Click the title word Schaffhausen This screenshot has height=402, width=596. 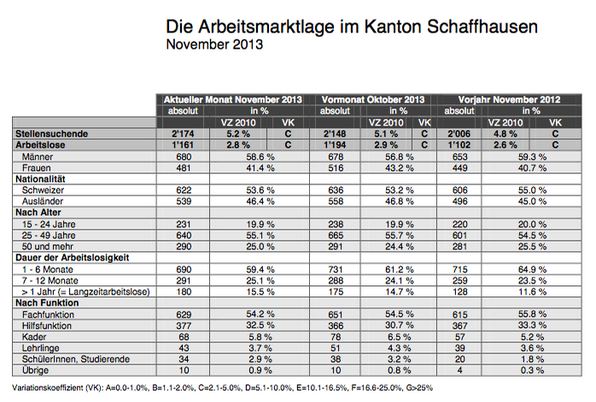tap(482, 27)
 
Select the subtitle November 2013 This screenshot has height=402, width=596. tap(214, 44)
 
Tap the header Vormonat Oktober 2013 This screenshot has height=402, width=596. tap(373, 100)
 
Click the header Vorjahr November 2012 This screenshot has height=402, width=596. tap(510, 100)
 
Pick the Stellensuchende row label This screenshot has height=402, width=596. tap(52, 134)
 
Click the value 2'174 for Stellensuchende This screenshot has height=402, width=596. tap(183, 134)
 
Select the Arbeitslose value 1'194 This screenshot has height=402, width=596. tap(335, 145)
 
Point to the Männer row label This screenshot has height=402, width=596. tap(38, 156)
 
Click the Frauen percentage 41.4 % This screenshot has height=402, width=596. tap(260, 167)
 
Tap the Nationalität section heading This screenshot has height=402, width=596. tap(40, 178)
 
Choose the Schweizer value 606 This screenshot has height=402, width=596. tap(459, 190)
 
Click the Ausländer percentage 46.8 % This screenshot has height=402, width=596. tap(399, 201)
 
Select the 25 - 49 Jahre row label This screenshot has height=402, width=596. tap(49, 236)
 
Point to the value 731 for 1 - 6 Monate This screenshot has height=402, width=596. tap(336, 270)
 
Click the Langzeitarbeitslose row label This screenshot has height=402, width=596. tap(86, 292)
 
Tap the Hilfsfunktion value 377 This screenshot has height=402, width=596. tap(184, 326)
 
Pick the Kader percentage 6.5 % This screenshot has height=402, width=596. tap(399, 336)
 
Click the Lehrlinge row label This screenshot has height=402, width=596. tap(41, 347)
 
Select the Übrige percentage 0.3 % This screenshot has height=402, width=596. tap(532, 370)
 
